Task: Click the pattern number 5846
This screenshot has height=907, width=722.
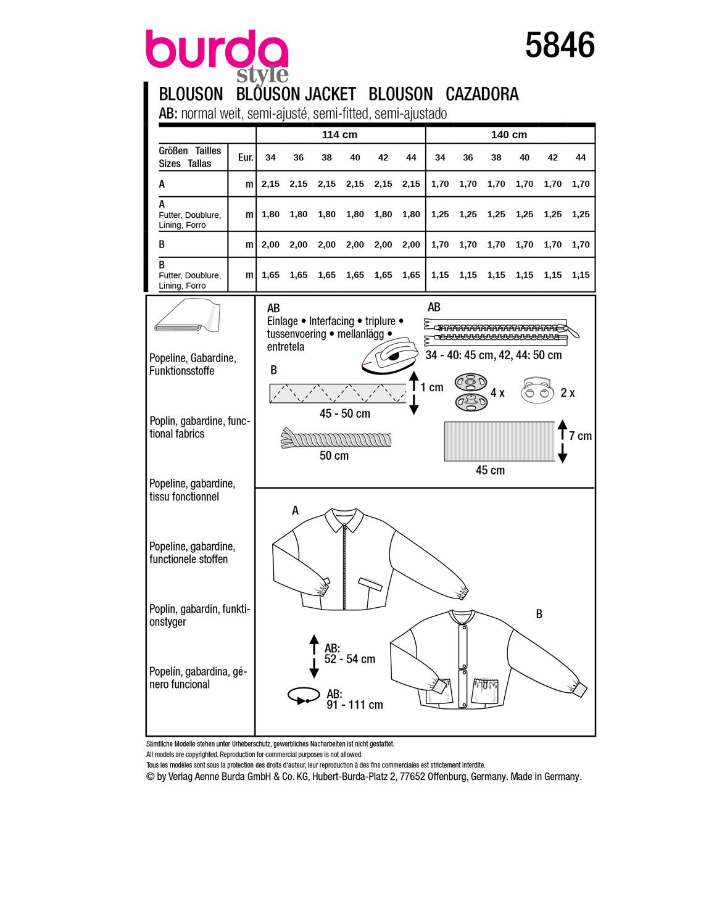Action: pyautogui.click(x=560, y=46)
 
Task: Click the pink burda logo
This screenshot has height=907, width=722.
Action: pyautogui.click(x=217, y=50)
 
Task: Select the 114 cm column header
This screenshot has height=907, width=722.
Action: pyautogui.click(x=339, y=135)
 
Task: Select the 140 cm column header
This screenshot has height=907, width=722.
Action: pyautogui.click(x=509, y=135)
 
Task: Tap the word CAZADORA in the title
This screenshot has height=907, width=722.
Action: pyautogui.click(x=482, y=94)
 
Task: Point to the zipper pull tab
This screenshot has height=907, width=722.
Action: pyautogui.click(x=573, y=332)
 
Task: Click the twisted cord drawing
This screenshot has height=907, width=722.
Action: pyautogui.click(x=336, y=439)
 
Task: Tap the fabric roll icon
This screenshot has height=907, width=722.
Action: pyautogui.click(x=186, y=316)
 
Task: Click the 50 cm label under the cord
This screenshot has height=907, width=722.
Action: pyautogui.click(x=334, y=456)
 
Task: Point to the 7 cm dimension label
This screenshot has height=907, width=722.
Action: pyautogui.click(x=580, y=436)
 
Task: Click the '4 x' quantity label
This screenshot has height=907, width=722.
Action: pyautogui.click(x=497, y=393)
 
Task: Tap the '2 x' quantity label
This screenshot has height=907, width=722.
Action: pyautogui.click(x=568, y=393)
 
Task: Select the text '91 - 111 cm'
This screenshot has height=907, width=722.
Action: pyautogui.click(x=355, y=705)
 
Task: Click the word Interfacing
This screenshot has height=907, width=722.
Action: pyautogui.click(x=331, y=321)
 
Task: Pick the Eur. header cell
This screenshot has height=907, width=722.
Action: pyautogui.click(x=246, y=157)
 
